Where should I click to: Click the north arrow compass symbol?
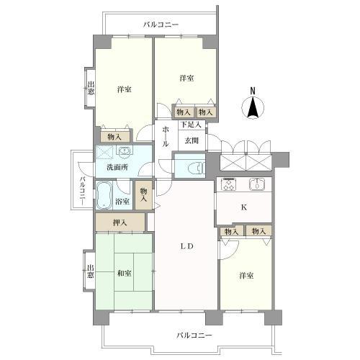(253, 109)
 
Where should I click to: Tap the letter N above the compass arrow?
(253, 90)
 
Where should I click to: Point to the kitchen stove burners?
(230, 184)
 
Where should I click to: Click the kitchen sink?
(256, 184)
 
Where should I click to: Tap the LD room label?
(186, 246)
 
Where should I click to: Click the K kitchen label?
(243, 208)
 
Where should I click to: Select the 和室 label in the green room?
(123, 273)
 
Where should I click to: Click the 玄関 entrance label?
(191, 140)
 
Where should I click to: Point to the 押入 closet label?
(120, 223)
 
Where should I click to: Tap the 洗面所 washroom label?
(117, 167)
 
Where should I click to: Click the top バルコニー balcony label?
(161, 25)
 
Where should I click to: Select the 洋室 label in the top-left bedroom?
(124, 89)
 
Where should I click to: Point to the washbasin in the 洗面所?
(124, 151)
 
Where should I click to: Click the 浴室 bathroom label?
(123, 202)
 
